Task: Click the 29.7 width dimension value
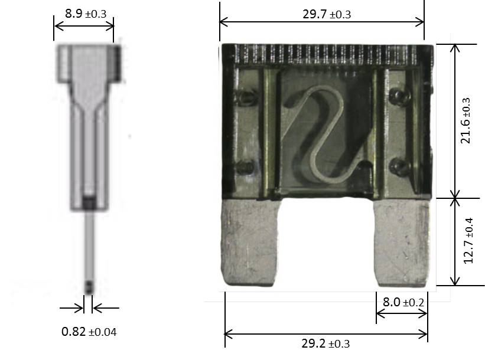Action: (314, 14)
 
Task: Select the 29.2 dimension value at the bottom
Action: (313, 343)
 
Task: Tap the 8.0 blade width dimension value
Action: (391, 302)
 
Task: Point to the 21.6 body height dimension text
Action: (466, 132)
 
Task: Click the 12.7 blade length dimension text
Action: (468, 252)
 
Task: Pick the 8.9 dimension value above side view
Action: (74, 14)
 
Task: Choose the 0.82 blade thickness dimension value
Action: (73, 332)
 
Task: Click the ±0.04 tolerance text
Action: (103, 332)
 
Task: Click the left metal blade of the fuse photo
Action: (249, 243)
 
